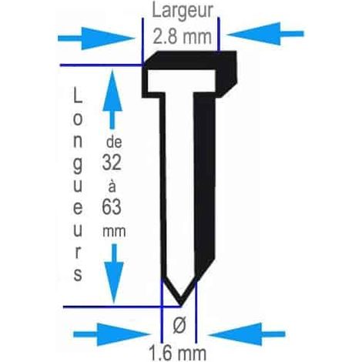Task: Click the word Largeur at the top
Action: tap(183, 12)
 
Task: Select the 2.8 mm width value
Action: tap(182, 36)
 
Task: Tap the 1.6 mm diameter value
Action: tap(177, 354)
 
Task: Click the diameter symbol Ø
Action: tap(179, 325)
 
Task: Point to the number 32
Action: tap(112, 163)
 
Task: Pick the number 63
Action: tap(112, 207)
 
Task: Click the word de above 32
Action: tap(114, 142)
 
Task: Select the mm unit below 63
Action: tap(114, 232)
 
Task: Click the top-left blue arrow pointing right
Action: tap(96, 39)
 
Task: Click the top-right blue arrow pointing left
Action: tap(266, 34)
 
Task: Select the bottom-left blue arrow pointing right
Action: tap(111, 334)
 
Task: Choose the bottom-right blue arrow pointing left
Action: tap(247, 334)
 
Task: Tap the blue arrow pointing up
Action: tap(112, 99)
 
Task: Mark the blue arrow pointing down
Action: tap(114, 273)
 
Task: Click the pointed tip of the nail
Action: tap(181, 306)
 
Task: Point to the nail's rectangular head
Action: tap(189, 75)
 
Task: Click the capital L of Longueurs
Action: tap(78, 95)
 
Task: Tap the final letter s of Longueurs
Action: tap(78, 274)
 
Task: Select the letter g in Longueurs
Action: tap(78, 166)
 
